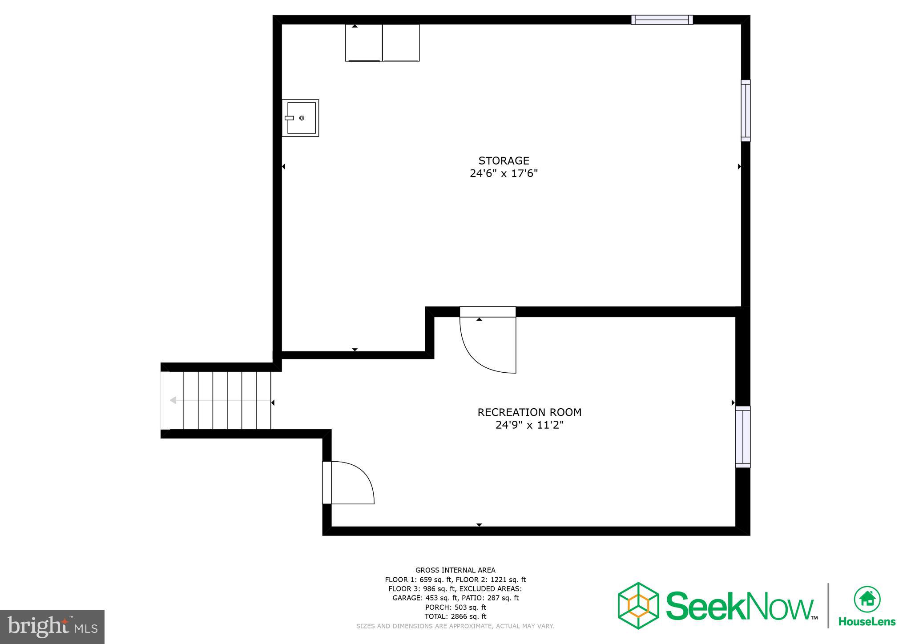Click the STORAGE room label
[x=504, y=161]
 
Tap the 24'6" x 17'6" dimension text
[x=504, y=173]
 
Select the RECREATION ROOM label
[x=529, y=412]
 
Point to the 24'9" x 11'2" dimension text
[x=529, y=425]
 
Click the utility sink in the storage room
[x=301, y=118]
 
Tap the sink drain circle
[x=302, y=118]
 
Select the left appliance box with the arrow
[x=363, y=43]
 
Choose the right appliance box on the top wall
[x=401, y=43]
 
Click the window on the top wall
[x=662, y=20]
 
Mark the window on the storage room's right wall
[x=746, y=111]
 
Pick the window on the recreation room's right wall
[x=742, y=437]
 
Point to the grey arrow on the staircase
[x=173, y=400]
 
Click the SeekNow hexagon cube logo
[x=638, y=605]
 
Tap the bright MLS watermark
[x=52, y=627]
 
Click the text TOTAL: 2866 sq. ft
[x=455, y=616]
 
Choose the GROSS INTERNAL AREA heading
[x=455, y=570]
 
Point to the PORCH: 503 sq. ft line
[x=455, y=607]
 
